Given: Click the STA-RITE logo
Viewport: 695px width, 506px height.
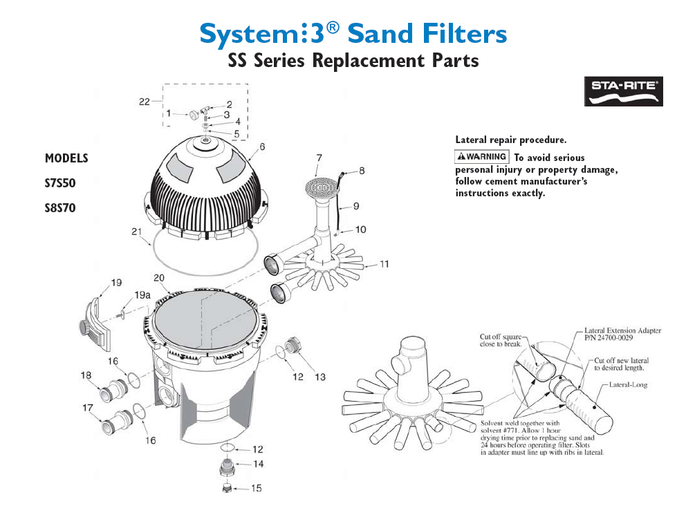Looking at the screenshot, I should (623, 91).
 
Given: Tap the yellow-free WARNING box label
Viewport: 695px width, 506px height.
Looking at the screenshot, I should (481, 156).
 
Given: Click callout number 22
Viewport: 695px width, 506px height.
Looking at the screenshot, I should (144, 102).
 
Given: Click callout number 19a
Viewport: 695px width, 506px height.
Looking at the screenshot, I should (142, 295).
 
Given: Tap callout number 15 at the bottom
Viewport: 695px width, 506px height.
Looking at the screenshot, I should (256, 488).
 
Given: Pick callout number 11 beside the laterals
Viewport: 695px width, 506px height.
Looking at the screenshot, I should (384, 263).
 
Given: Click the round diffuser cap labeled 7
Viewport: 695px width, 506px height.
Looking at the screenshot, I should (319, 185).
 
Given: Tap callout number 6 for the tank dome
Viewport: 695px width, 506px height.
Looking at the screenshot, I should (263, 147).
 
